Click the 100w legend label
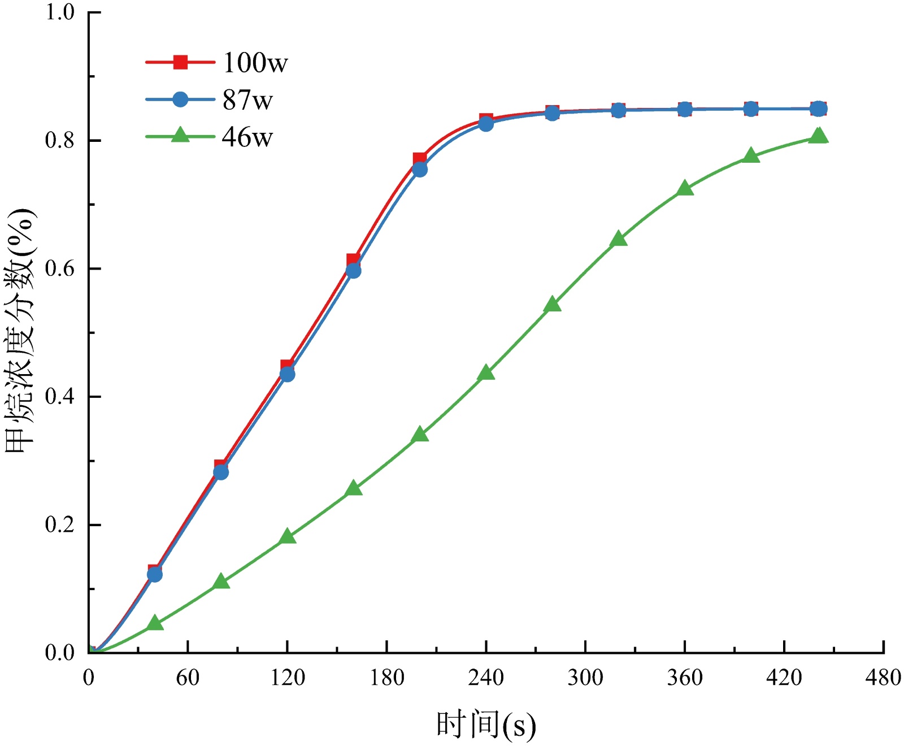click(255, 62)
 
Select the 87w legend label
click(247, 100)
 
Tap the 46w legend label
click(247, 137)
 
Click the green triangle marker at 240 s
click(486, 373)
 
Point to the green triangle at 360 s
click(685, 188)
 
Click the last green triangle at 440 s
click(818, 136)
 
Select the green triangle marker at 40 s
click(155, 623)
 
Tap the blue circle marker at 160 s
click(354, 271)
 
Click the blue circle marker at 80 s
click(221, 472)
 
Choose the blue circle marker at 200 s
click(420, 170)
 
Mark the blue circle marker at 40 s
click(155, 574)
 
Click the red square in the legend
click(180, 62)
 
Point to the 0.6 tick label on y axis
click(60, 269)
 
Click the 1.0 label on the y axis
click(60, 12)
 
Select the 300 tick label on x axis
click(585, 677)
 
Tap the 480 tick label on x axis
click(883, 677)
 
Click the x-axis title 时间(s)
click(486, 725)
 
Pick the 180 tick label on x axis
click(387, 677)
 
